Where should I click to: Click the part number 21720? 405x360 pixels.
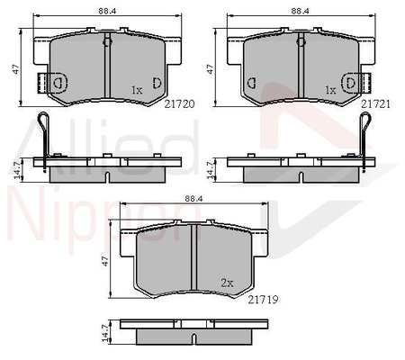point(179,103)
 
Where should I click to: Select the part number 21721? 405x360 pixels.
point(375,103)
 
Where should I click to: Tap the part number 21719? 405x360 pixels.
point(263,300)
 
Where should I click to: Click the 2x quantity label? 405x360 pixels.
point(227,283)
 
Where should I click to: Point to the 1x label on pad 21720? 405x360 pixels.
point(137,90)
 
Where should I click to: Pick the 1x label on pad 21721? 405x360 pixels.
point(330,90)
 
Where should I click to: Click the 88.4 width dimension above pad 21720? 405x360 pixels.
point(107,11)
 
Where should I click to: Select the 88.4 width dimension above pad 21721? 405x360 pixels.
point(301,11)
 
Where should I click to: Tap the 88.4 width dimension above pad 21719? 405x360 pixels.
point(193,198)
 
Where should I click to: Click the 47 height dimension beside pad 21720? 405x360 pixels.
point(15,69)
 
